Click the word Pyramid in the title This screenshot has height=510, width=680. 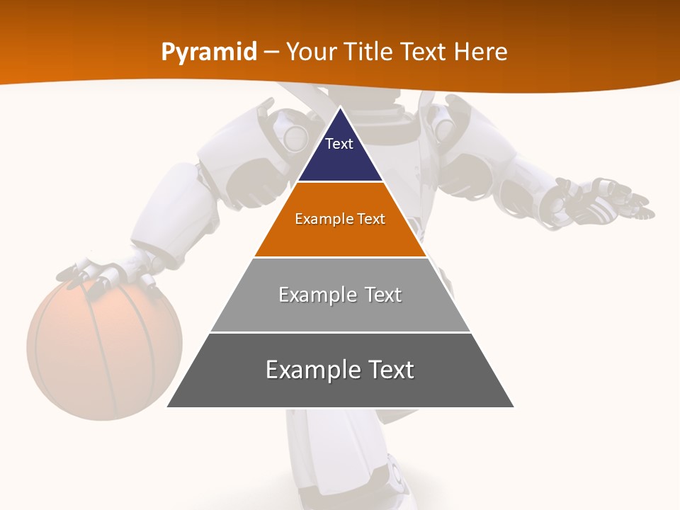coord(209,52)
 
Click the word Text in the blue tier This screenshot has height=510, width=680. coord(339,144)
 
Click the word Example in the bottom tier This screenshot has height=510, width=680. coord(307,370)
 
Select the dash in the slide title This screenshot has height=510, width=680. coord(271,52)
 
